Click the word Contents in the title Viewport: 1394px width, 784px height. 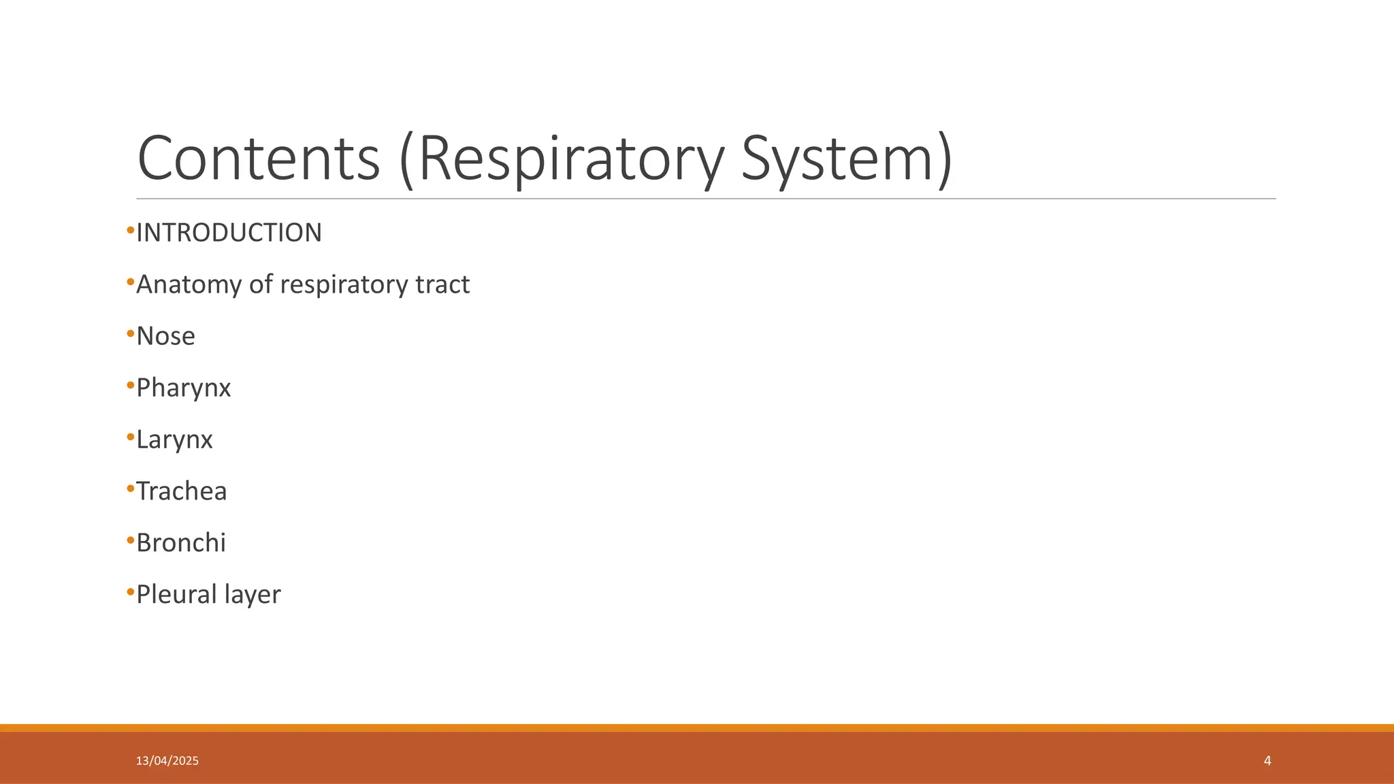(x=258, y=158)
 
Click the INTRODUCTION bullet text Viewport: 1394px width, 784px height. (x=229, y=233)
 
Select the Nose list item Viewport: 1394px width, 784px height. (x=165, y=336)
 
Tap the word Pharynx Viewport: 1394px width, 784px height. (x=184, y=388)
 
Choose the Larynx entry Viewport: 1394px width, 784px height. (x=174, y=440)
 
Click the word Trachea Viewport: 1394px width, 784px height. (x=181, y=491)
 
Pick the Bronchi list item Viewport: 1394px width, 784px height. (x=180, y=543)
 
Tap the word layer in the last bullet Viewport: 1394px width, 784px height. (x=256, y=595)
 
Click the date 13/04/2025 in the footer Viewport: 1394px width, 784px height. (x=167, y=761)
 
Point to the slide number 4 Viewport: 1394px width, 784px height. (x=1267, y=761)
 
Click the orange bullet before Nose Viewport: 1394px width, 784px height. (x=131, y=334)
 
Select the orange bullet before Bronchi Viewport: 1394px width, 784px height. (x=131, y=541)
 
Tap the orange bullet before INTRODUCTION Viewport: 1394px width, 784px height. (x=131, y=231)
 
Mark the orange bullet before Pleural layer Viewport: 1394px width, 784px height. (x=131, y=593)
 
